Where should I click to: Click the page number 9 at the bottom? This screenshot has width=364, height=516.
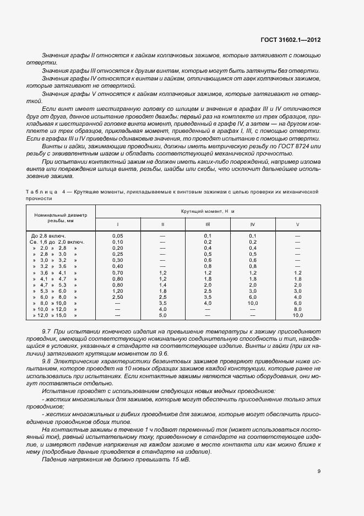(x=319, y=471)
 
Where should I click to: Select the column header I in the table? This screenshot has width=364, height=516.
(x=117, y=224)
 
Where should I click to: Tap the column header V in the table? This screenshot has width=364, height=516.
(x=298, y=224)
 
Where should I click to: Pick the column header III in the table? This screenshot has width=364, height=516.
(x=208, y=224)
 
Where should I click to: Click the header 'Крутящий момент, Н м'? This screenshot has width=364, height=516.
(x=208, y=211)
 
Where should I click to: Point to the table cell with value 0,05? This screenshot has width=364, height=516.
(x=117, y=235)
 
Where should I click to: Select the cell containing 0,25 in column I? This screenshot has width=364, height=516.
(x=117, y=254)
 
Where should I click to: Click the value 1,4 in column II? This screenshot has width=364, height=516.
(x=162, y=284)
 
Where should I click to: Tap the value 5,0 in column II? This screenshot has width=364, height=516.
(x=162, y=315)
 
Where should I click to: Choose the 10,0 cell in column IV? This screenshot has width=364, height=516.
(x=253, y=303)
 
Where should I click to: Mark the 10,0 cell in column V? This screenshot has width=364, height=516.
(x=298, y=315)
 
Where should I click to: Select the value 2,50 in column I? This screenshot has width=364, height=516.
(x=117, y=297)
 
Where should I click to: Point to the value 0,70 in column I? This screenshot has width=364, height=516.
(x=117, y=272)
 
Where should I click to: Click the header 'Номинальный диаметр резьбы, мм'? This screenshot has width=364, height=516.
(x=61, y=217)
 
